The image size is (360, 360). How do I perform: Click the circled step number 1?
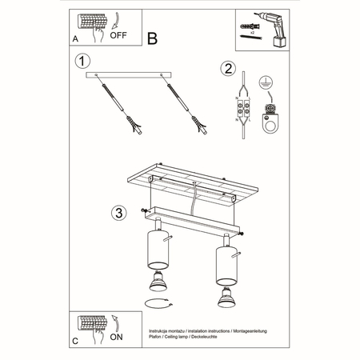pos(79,61)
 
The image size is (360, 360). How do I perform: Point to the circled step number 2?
pos(228,69)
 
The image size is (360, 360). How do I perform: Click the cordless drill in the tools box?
pos(268,25)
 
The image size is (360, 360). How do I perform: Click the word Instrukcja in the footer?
pos(162,330)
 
